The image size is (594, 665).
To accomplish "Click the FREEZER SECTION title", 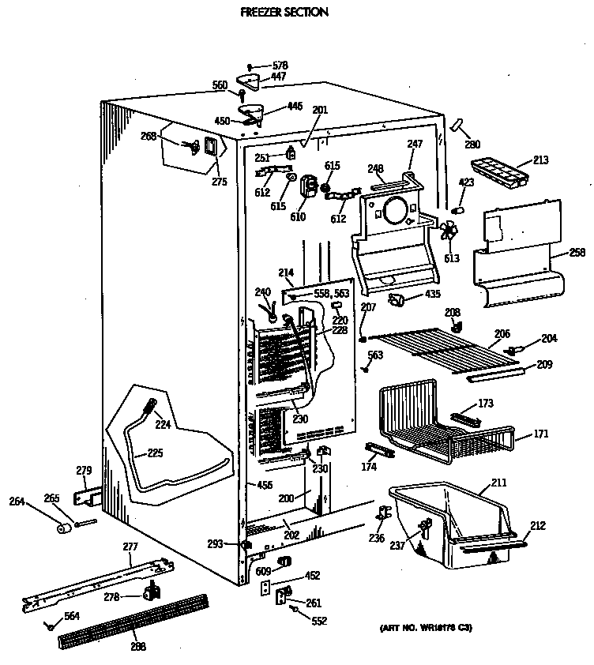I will point(273,13).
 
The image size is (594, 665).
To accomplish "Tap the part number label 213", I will point(540,160).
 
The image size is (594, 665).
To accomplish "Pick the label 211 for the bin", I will point(498,482).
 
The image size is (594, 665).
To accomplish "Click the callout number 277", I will point(130,546).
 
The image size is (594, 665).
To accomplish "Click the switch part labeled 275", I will point(211,147).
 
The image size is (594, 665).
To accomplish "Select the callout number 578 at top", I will point(280,66).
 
